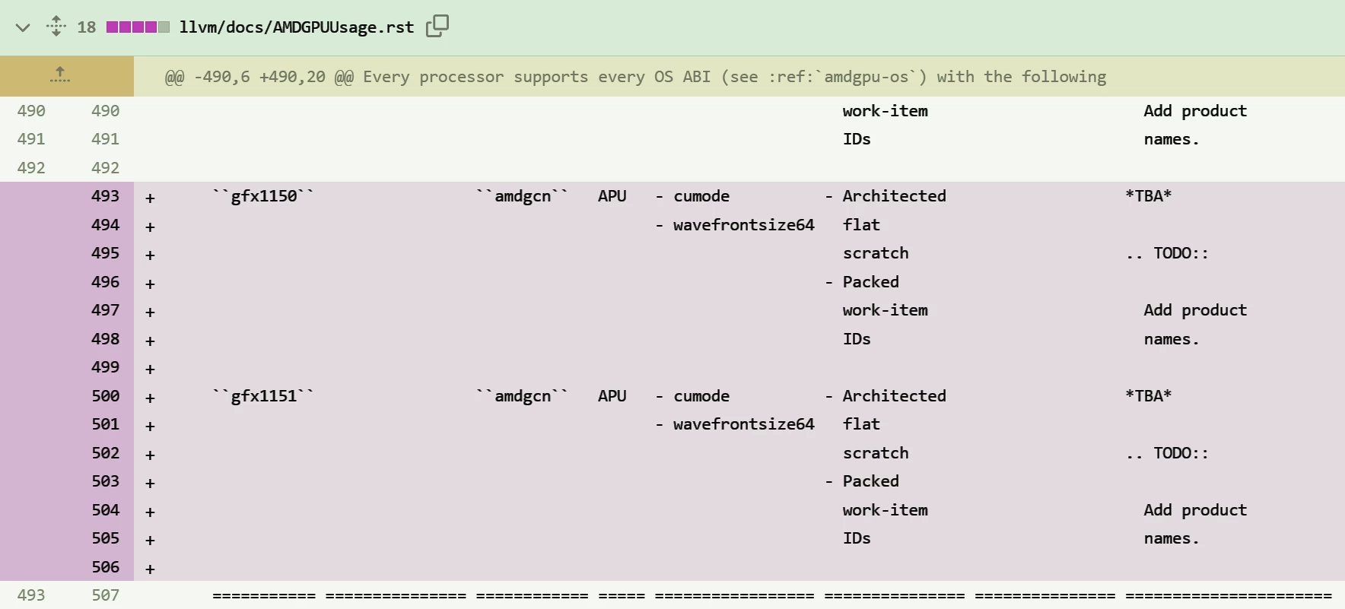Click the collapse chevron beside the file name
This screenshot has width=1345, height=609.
click(23, 28)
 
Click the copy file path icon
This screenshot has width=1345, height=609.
click(437, 26)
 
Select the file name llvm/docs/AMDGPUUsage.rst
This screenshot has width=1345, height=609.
click(297, 27)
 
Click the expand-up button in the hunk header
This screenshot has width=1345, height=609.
click(60, 75)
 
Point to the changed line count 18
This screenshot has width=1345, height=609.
click(87, 27)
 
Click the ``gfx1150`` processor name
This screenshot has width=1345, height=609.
click(263, 196)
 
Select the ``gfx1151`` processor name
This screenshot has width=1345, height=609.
click(263, 396)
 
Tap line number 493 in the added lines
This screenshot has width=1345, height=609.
click(105, 196)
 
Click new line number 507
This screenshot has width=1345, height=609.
click(105, 595)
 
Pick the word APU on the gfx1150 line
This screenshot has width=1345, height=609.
click(612, 196)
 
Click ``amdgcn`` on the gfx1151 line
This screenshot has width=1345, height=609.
click(522, 396)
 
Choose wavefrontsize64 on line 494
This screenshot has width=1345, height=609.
click(744, 225)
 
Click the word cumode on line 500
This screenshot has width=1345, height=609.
click(701, 396)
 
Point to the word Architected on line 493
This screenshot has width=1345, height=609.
click(895, 196)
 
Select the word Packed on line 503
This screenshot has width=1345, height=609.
click(871, 481)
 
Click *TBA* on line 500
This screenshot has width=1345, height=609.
click(1149, 396)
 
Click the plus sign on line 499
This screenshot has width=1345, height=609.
click(150, 370)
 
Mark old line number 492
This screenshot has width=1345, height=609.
click(31, 168)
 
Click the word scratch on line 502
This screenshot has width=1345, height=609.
click(876, 453)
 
